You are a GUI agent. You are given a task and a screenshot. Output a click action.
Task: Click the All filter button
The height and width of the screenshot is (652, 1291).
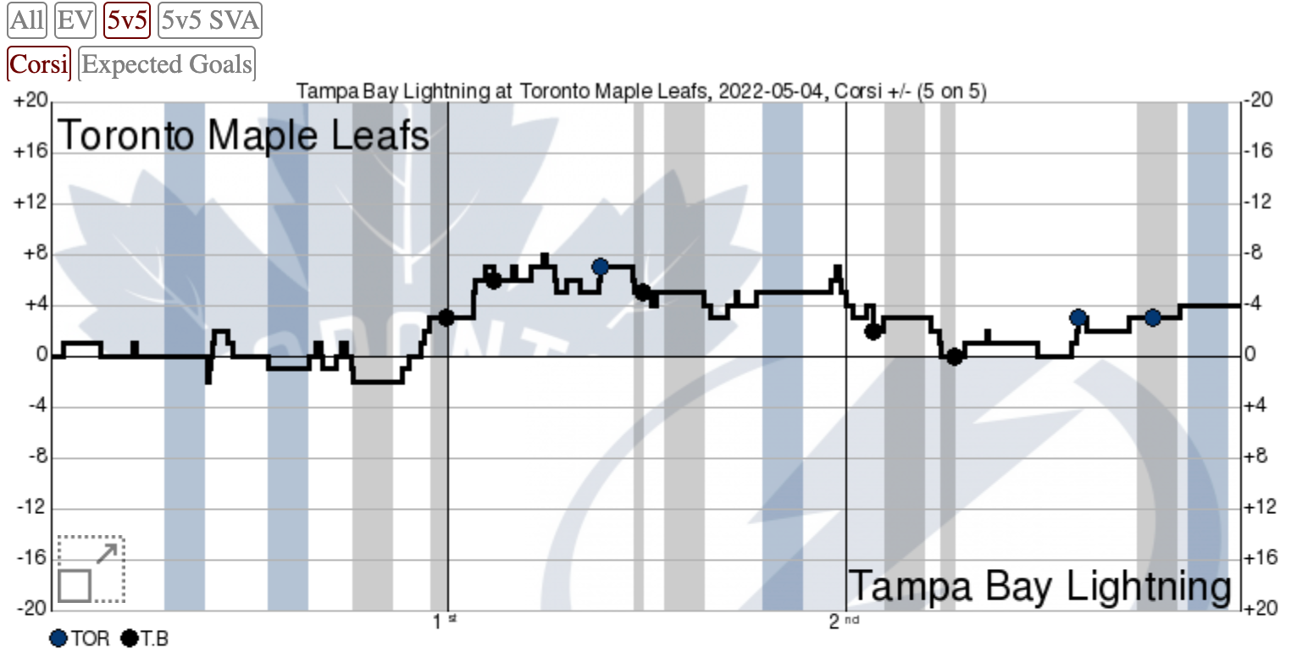coord(27,20)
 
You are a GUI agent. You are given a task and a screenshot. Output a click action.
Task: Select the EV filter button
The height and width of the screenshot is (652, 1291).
coord(75,20)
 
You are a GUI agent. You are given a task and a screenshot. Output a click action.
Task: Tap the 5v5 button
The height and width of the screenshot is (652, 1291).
coord(127,20)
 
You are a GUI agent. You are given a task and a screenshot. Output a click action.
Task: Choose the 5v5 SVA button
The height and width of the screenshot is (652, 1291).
coord(209,20)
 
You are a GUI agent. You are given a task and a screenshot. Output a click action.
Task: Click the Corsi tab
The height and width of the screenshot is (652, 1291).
coord(39,64)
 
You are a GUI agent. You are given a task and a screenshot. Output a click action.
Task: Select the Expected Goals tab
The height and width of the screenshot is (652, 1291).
coord(167,64)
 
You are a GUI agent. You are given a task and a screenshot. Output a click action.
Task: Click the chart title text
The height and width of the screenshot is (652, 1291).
coord(641,91)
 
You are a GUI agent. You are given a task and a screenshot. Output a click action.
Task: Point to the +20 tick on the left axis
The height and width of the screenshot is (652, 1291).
coord(30,102)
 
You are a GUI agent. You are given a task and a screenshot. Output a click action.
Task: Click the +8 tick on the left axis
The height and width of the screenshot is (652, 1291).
coord(33,254)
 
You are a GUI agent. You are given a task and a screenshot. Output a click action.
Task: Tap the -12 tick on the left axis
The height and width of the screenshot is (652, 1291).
coord(30,509)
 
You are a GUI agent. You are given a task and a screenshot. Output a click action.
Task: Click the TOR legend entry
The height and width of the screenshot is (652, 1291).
coord(80,638)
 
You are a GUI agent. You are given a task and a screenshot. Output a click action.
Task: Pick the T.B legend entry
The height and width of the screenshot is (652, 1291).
coord(145,638)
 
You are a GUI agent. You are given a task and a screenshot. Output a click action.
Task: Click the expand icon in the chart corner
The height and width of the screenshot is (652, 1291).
coord(91,569)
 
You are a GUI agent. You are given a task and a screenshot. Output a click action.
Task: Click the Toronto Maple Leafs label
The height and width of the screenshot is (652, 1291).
coord(243,135)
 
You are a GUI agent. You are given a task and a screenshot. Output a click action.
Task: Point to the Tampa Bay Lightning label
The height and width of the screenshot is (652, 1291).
coord(1039,587)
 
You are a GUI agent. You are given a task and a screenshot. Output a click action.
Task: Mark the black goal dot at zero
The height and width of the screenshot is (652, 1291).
coord(954,356)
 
